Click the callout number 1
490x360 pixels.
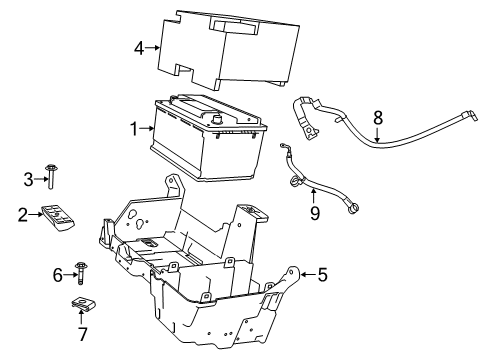pyautogui.click(x=133, y=128)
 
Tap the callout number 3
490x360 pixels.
pyautogui.click(x=29, y=179)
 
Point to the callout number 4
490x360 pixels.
pyautogui.click(x=139, y=47)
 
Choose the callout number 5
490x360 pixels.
pyautogui.click(x=323, y=272)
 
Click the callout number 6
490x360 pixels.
pyautogui.click(x=57, y=273)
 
